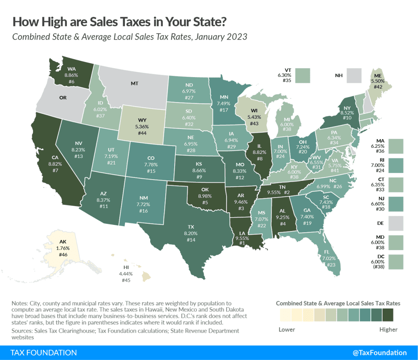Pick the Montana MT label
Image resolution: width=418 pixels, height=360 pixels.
point(135,83)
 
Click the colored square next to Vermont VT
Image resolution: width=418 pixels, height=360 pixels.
point(304,76)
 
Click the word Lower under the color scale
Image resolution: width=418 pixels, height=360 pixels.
point(286,329)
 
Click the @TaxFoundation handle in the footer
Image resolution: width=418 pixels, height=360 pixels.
point(380,353)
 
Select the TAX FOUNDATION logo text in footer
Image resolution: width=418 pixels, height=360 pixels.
point(44,353)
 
